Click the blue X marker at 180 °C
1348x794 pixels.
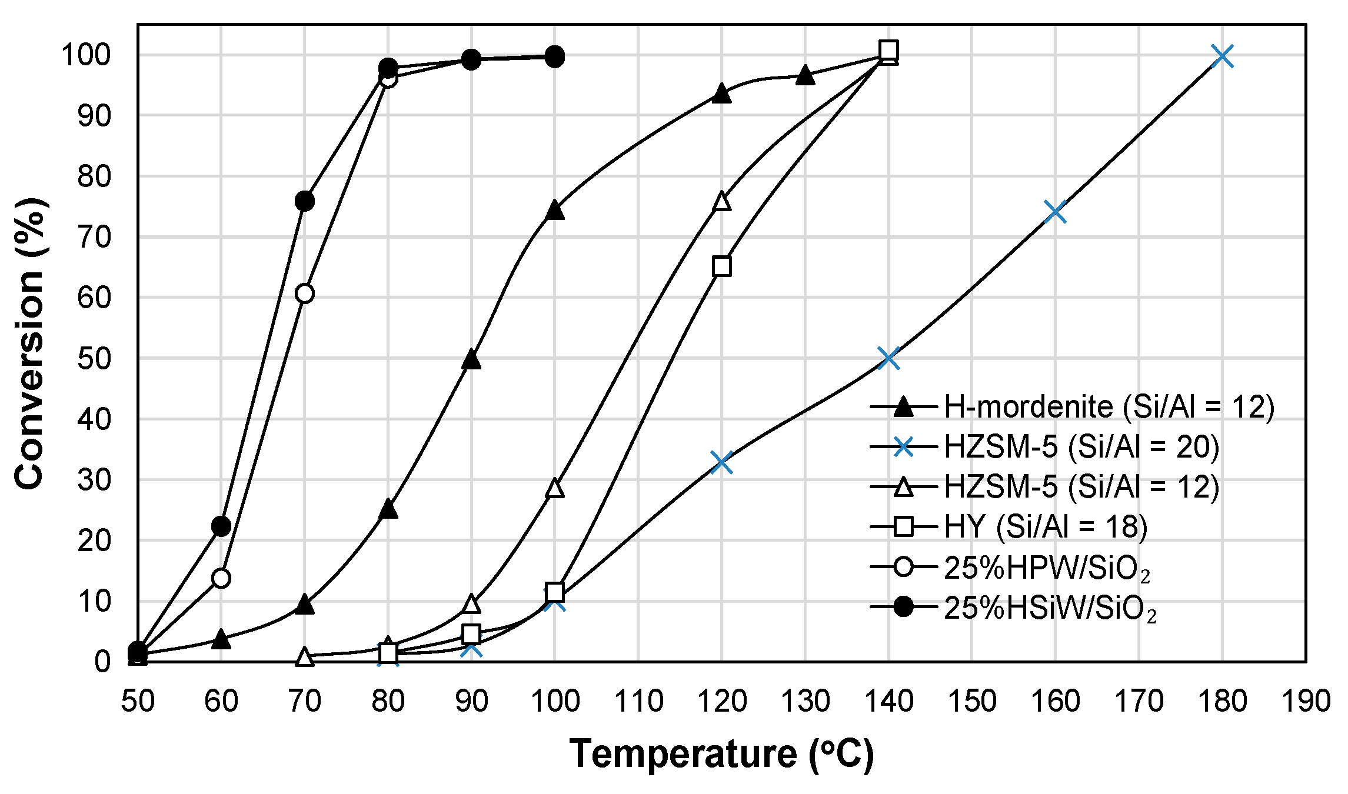coord(1222,56)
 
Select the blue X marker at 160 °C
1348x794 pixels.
coord(1056,212)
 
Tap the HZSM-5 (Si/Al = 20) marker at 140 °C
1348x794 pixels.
coord(888,358)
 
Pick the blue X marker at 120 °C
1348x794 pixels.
coord(721,463)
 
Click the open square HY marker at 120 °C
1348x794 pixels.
coord(721,266)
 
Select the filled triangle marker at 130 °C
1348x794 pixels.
coord(805,75)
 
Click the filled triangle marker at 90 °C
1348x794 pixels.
coord(471,359)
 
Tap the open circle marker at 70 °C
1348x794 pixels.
coord(304,293)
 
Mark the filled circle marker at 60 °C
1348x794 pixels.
coord(221,526)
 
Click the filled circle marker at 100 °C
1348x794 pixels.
coord(554,57)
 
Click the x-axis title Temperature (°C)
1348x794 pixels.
coord(721,754)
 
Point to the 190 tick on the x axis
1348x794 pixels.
coord(1306,701)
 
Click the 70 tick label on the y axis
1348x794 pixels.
coord(94,238)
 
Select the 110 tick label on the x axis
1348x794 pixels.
coord(638,701)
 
